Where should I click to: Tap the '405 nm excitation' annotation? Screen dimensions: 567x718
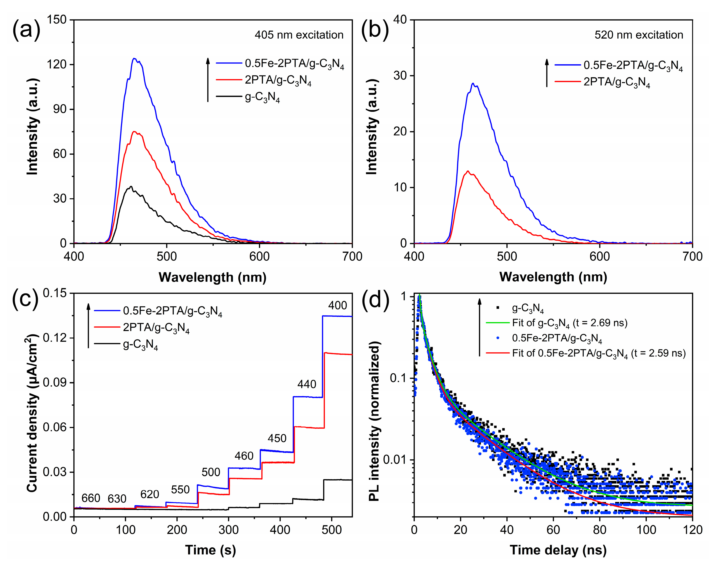299,35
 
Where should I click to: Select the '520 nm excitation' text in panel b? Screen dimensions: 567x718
639,35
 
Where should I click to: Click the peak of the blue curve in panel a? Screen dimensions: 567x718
134,59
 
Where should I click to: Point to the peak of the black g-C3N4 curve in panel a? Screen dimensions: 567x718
131,187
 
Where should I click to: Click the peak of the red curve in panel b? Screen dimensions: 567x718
468,171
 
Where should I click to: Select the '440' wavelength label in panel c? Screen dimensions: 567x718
306,384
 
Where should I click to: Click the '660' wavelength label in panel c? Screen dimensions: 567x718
91,498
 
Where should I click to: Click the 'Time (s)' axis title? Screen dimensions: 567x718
210,550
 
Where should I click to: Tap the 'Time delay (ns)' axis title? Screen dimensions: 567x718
558,550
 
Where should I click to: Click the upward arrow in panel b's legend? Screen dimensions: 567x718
547,73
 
